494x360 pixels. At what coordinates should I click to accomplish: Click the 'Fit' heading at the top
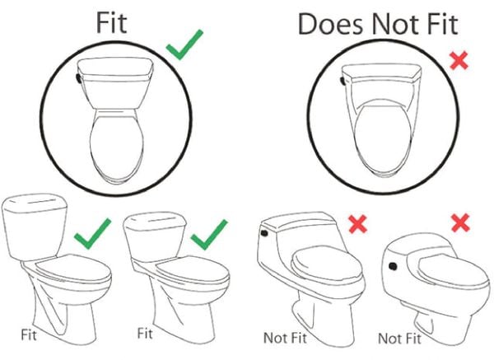pyautogui.click(x=111, y=22)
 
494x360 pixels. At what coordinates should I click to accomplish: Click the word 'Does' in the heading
pyautogui.click(x=330, y=24)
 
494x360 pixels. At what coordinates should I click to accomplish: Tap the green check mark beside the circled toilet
pyautogui.click(x=184, y=44)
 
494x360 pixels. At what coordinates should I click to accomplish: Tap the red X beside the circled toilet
pyautogui.click(x=459, y=61)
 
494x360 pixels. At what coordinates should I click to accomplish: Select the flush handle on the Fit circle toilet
pyautogui.click(x=78, y=78)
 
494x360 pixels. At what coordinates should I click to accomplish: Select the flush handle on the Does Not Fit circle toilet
pyautogui.click(x=343, y=81)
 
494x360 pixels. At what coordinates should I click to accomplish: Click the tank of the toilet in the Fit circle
pyautogui.click(x=115, y=83)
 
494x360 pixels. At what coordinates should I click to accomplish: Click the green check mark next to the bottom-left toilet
pyautogui.click(x=92, y=234)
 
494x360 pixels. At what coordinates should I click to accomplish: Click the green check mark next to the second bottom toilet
pyautogui.click(x=209, y=235)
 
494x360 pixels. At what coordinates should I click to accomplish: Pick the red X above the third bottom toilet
pyautogui.click(x=358, y=224)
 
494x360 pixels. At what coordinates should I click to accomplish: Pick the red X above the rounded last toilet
pyautogui.click(x=460, y=222)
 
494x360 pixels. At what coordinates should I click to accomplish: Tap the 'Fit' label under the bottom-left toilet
pyautogui.click(x=29, y=334)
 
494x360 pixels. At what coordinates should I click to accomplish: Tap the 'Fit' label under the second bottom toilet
pyautogui.click(x=145, y=333)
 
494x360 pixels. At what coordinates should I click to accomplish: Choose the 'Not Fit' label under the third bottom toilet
pyautogui.click(x=285, y=338)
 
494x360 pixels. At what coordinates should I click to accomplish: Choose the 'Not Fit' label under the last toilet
pyautogui.click(x=399, y=339)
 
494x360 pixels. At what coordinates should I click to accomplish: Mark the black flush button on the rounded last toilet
pyautogui.click(x=393, y=266)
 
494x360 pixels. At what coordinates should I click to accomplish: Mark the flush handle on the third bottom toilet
pyautogui.click(x=264, y=233)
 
